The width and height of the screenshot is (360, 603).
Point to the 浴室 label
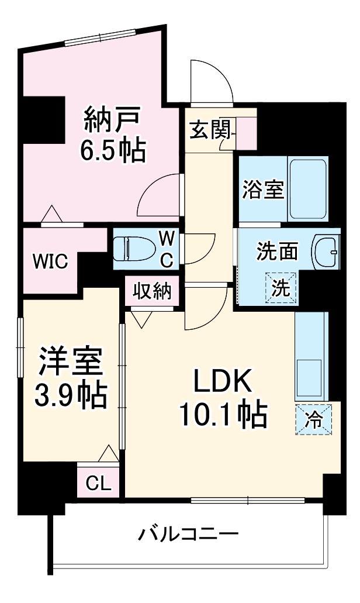click(x=263, y=190)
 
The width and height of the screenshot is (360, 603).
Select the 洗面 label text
click(x=277, y=251)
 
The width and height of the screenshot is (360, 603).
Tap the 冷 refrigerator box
click(x=313, y=419)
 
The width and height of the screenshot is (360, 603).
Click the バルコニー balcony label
click(x=188, y=534)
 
